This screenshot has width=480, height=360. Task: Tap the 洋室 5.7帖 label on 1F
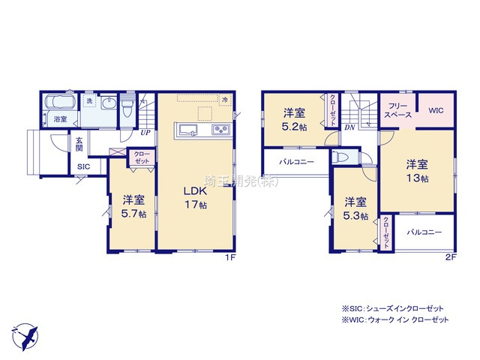pos(134,206)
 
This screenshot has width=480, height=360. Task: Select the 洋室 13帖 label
pos(418,170)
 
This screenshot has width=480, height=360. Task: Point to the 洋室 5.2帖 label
pos(294,120)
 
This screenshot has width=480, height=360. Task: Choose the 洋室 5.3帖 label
pos(356,208)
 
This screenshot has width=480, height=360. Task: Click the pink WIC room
pos(436,111)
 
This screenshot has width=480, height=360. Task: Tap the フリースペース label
pos(397,111)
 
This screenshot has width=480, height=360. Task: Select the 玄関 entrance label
pos(79,143)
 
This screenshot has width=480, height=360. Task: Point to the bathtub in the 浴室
pos(58,103)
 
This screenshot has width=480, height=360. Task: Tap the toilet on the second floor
pos(341,158)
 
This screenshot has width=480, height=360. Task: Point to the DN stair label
pos(349,127)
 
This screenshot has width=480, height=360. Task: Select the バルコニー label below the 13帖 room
pos(424,232)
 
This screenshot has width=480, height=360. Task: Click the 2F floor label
pos(450,257)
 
